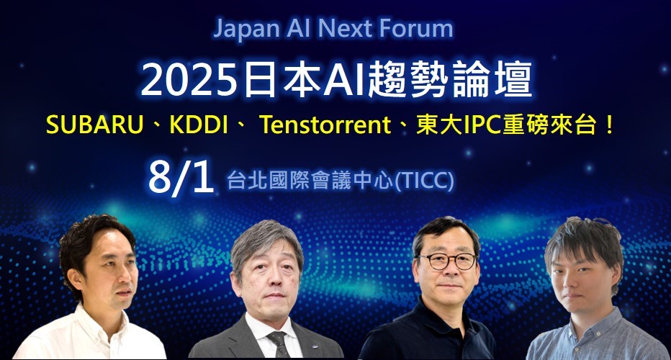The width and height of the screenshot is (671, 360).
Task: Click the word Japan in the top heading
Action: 246,29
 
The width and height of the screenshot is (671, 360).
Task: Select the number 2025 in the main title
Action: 189,81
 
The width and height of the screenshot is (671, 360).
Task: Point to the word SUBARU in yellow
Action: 94,125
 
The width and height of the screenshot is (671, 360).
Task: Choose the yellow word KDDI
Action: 199,125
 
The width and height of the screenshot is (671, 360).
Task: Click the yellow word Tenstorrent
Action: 325,125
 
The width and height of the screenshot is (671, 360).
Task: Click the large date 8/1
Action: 181,178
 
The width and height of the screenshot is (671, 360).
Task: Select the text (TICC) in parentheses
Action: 423,181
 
